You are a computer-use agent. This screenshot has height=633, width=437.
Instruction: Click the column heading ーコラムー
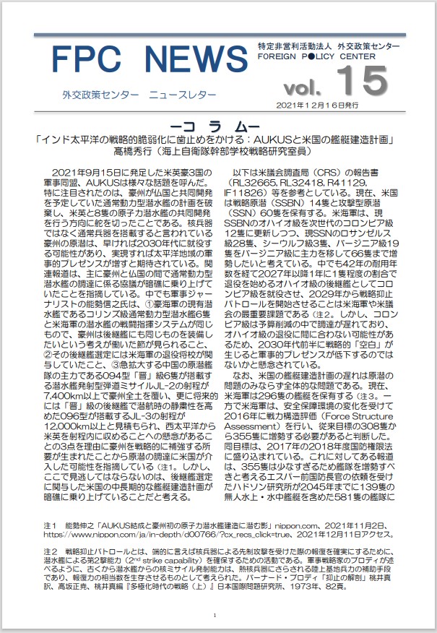coord(217,124)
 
